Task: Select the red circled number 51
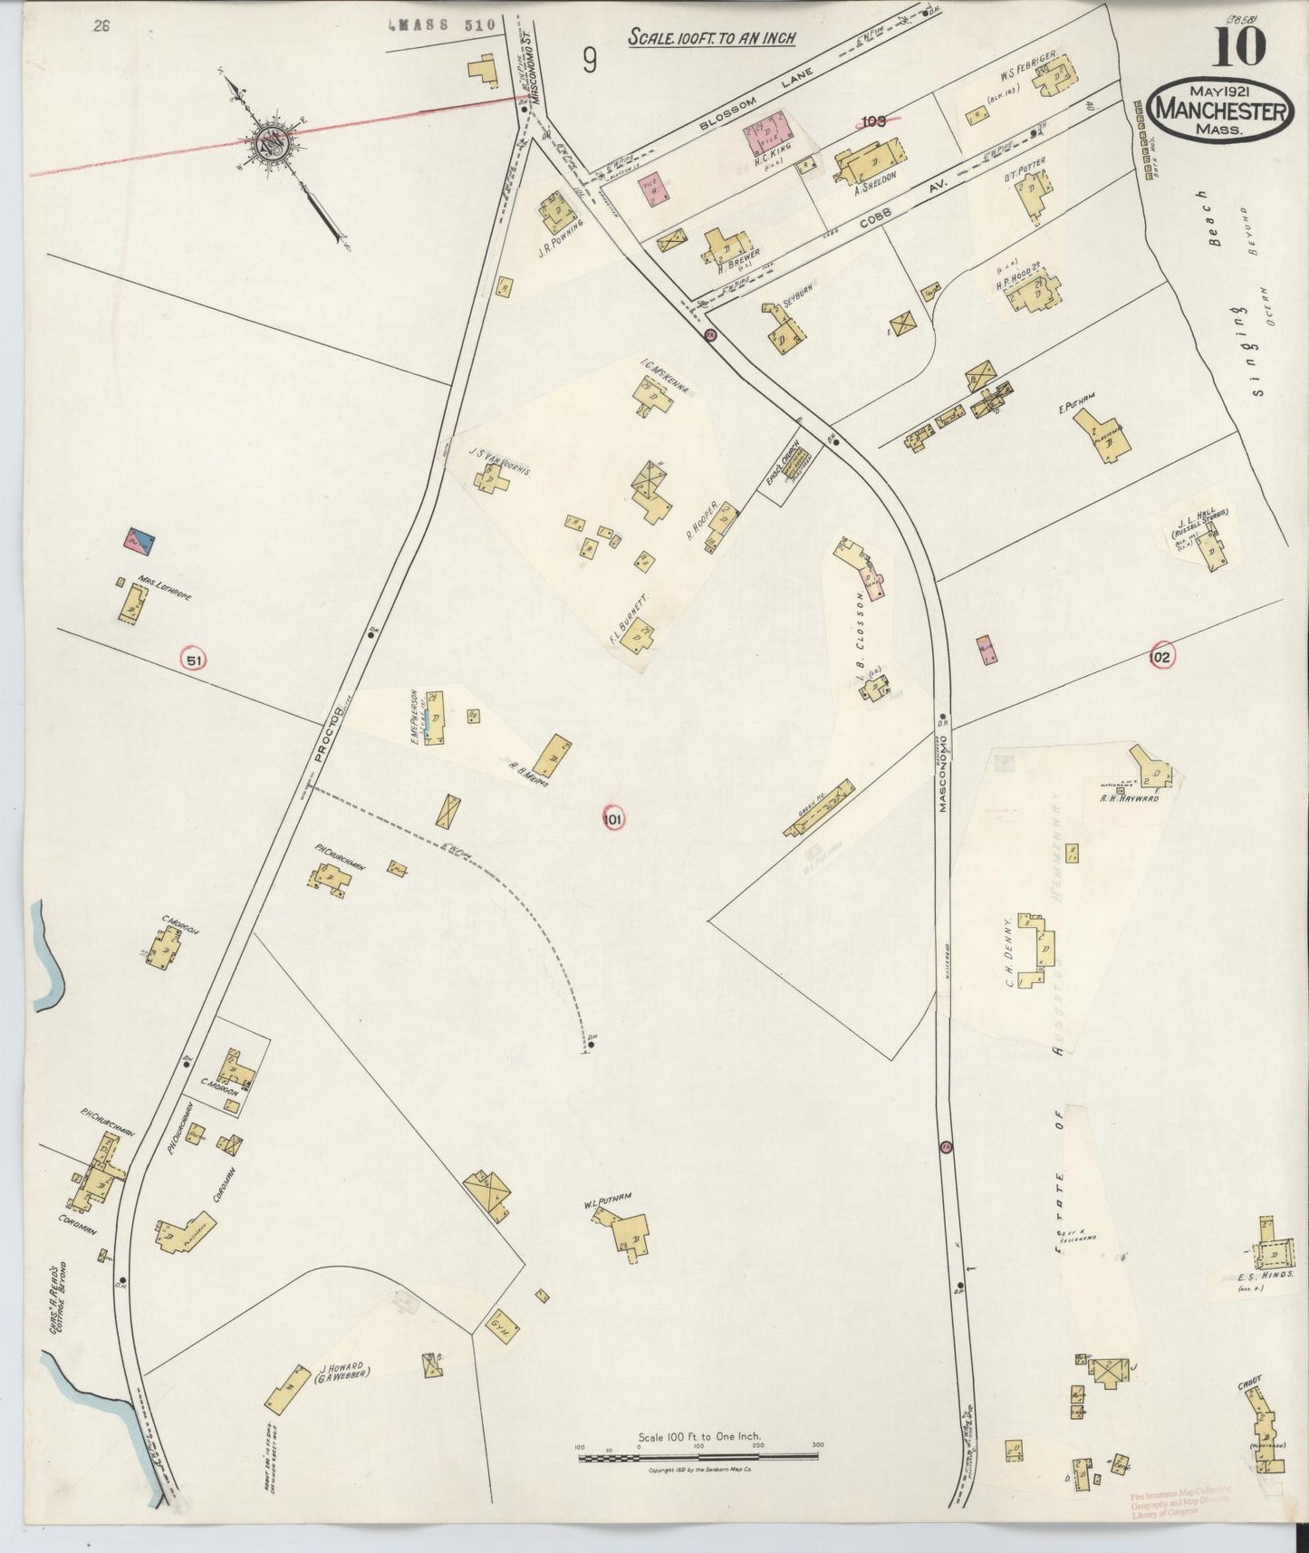[x=193, y=661]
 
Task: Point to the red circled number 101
[x=613, y=821]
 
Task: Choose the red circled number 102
[x=1160, y=658]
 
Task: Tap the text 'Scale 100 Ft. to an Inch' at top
[x=712, y=37]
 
